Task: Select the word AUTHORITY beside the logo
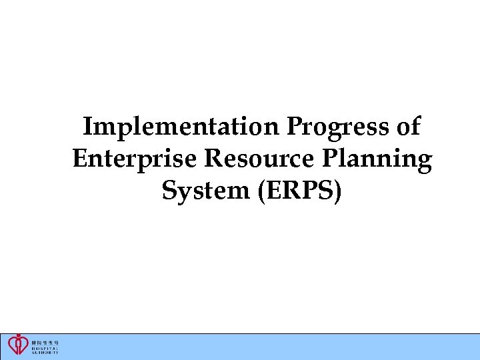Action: pos(45,352)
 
